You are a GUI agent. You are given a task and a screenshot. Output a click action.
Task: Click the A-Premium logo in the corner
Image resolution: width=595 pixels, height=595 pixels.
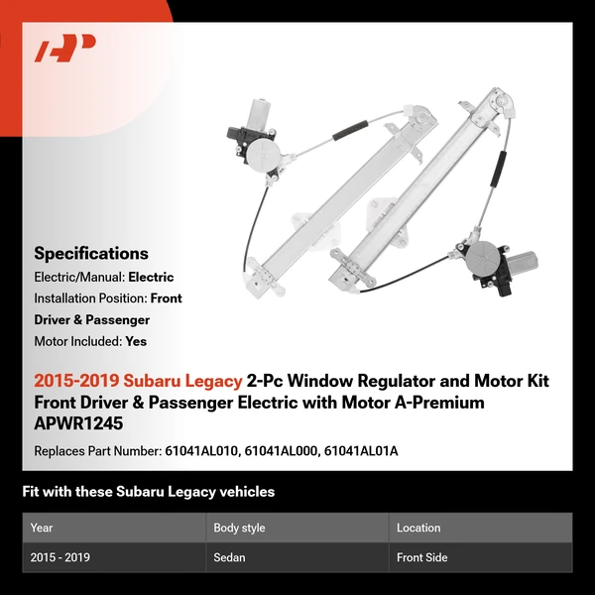point(64,49)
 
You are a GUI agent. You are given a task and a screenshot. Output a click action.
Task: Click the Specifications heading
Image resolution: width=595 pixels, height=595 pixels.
point(91,254)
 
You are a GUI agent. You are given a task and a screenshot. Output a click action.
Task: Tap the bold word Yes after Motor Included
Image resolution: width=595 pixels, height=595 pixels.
point(137,341)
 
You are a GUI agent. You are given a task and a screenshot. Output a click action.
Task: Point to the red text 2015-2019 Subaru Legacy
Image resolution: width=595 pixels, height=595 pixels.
point(138,381)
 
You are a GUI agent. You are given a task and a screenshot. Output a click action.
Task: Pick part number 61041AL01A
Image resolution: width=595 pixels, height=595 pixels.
point(364,451)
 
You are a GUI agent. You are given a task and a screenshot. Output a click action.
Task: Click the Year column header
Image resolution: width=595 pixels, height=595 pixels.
point(42,528)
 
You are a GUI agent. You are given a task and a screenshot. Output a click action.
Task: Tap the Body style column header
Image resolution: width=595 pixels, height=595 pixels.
point(239,528)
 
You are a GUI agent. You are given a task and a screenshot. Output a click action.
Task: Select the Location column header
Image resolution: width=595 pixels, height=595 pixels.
point(418,528)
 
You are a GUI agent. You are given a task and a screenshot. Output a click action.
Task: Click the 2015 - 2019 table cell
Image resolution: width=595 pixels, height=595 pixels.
point(60,557)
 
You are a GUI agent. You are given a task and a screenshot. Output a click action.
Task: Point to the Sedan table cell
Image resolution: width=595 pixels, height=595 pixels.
point(229,557)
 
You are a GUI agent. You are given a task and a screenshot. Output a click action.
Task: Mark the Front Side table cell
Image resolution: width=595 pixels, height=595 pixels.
point(422,557)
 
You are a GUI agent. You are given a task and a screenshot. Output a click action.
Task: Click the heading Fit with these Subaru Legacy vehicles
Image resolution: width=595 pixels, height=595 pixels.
point(149,492)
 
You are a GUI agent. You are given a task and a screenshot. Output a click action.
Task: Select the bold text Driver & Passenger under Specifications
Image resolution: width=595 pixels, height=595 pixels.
point(92,320)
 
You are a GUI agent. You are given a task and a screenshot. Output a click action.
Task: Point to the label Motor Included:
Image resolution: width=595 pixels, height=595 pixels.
point(77,341)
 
